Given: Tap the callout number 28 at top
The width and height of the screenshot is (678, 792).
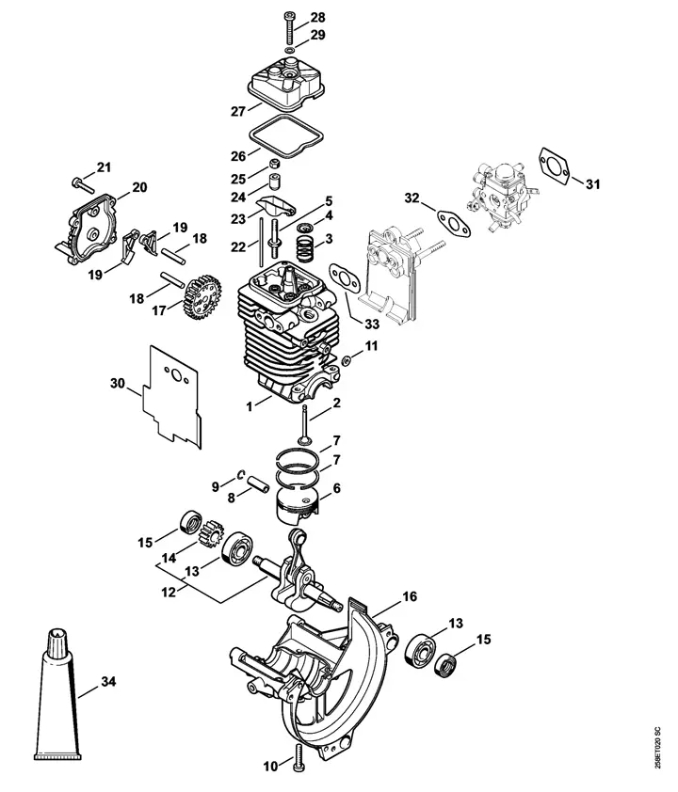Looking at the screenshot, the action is click(317, 18).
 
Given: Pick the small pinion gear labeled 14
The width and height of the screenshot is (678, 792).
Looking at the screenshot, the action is click(213, 533).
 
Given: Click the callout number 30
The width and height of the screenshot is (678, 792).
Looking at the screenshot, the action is click(118, 384).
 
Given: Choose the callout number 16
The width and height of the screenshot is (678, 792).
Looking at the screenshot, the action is click(410, 596).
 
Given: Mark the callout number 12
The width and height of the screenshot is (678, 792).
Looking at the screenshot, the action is click(169, 592).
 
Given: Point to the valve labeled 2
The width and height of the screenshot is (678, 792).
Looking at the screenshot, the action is click(304, 424).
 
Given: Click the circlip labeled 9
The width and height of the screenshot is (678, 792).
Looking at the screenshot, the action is click(241, 474).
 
